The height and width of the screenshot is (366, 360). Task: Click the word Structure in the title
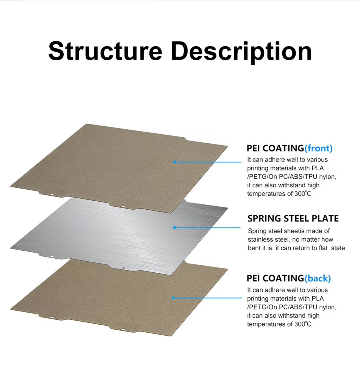[x=105, y=51]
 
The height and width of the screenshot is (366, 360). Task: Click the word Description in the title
[x=241, y=52]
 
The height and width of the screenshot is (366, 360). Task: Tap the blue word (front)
[x=318, y=148]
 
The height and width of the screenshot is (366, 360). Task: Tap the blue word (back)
[x=318, y=278]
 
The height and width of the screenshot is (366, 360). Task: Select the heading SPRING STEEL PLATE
[x=293, y=218]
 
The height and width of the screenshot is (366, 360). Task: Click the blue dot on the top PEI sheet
[x=174, y=162]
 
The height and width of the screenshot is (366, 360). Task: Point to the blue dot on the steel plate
[x=174, y=227]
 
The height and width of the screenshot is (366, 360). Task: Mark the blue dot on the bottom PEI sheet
[x=173, y=298]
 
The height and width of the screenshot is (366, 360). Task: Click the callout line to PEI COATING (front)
[x=208, y=162]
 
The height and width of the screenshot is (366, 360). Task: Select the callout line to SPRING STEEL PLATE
[x=208, y=227]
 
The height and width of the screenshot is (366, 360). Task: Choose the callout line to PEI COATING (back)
[x=208, y=298]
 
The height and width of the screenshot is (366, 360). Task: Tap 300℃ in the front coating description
[x=303, y=194]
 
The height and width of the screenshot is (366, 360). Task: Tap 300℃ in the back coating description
[x=303, y=324]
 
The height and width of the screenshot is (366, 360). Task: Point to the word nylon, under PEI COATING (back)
[x=327, y=308]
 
